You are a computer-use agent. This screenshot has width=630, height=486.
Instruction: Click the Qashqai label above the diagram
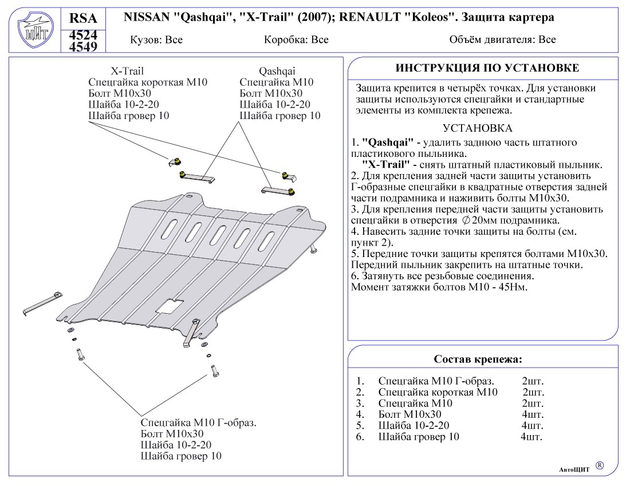click(277, 71)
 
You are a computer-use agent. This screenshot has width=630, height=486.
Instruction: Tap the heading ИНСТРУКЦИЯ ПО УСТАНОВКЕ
click(487, 68)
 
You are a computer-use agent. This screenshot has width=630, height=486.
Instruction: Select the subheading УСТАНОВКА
click(478, 128)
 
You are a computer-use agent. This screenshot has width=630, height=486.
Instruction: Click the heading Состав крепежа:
click(478, 359)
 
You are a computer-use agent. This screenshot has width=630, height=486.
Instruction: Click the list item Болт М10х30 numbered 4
click(410, 414)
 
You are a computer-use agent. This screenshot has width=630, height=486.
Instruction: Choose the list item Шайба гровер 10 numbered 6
click(419, 437)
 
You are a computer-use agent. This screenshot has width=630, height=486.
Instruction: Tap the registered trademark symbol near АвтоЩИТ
click(600, 465)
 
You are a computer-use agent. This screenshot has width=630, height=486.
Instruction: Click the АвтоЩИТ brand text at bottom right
click(574, 469)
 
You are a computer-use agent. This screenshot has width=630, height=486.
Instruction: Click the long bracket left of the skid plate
click(44, 303)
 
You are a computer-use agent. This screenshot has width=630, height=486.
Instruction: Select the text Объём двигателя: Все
click(503, 40)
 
